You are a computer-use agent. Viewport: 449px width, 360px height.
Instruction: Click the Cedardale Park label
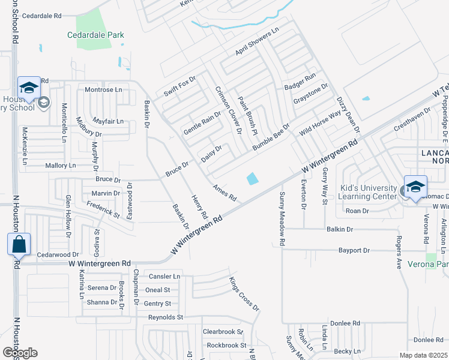(x=95, y=35)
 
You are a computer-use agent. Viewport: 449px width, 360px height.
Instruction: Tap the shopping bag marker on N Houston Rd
(x=19, y=245)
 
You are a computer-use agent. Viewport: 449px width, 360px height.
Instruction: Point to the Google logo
(x=19, y=353)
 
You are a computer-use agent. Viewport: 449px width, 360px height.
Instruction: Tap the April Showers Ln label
(x=258, y=42)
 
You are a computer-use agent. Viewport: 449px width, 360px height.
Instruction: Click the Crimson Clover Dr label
(x=229, y=109)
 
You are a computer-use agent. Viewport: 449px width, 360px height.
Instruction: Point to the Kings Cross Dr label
(x=244, y=293)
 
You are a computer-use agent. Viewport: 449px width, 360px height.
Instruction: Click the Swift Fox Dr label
(x=180, y=87)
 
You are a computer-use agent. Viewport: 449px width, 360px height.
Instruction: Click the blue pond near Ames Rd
(x=253, y=178)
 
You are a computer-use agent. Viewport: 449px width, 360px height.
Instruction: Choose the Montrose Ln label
(x=103, y=89)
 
